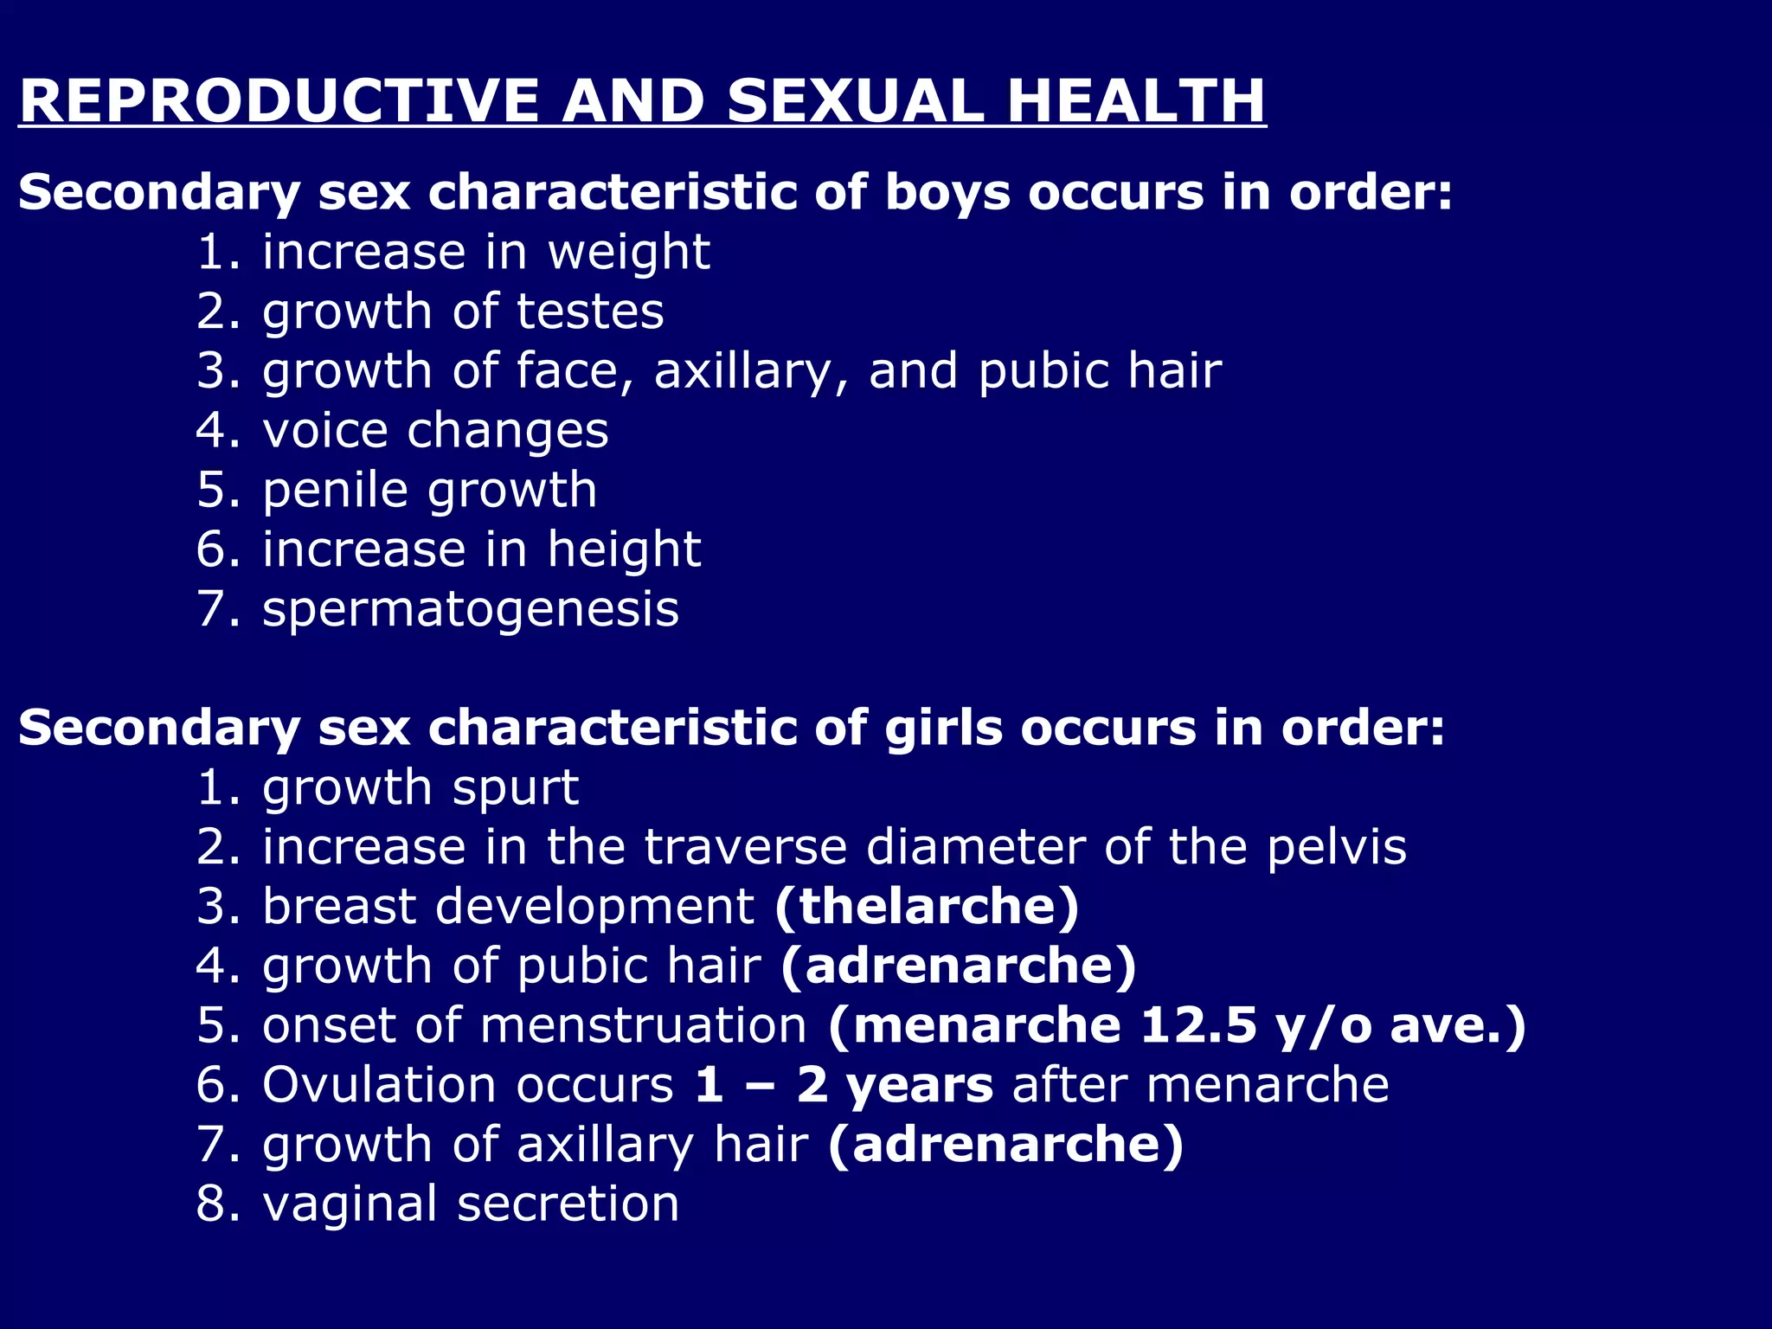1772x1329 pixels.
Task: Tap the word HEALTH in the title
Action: [x=1136, y=101]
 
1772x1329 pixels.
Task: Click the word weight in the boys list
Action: [x=629, y=253]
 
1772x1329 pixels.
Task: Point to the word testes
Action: [x=590, y=311]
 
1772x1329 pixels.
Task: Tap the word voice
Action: [x=325, y=431]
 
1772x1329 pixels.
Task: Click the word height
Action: [x=624, y=550]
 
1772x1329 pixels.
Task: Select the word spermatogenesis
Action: [x=471, y=610]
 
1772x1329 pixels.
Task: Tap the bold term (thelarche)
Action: [x=927, y=906]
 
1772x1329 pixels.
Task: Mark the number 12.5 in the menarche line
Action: [x=1197, y=1025]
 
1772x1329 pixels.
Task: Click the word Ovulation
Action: [x=380, y=1085]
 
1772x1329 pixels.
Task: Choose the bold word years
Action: [x=920, y=1087]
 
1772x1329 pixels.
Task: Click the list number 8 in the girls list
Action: [x=211, y=1204]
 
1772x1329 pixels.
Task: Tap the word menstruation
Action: [x=643, y=1025]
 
